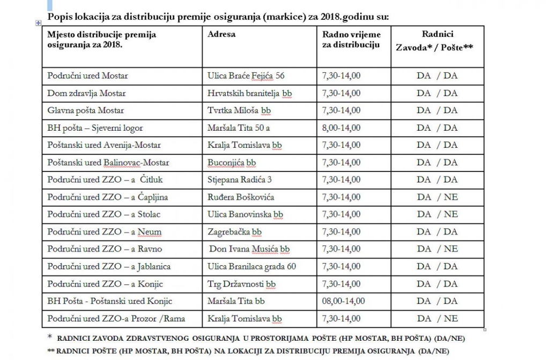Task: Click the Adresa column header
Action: [221, 34]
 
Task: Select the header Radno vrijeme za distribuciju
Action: [351, 40]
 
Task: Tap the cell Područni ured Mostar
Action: [88, 76]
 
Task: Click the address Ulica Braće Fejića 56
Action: [246, 76]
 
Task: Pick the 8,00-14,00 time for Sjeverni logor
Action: [341, 127]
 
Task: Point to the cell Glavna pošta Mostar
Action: [86, 110]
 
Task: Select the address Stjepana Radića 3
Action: [240, 179]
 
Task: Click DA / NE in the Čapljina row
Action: [437, 197]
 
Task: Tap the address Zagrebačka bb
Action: [235, 231]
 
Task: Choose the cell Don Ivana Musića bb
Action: [249, 249]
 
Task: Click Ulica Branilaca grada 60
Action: [251, 266]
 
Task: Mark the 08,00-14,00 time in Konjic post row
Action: [343, 301]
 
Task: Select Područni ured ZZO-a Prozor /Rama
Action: [116, 318]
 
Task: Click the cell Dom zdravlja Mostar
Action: [87, 93]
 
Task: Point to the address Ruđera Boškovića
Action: [241, 197]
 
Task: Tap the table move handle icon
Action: [38, 22]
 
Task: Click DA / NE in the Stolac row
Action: [437, 214]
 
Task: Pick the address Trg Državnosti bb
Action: [242, 283]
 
